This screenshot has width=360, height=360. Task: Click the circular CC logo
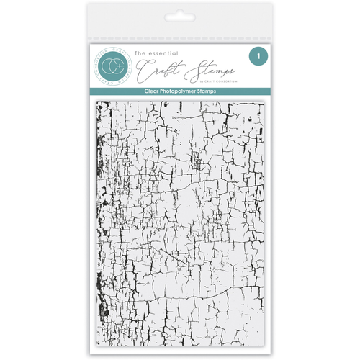[113, 65]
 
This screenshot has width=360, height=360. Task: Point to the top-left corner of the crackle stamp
[97, 101]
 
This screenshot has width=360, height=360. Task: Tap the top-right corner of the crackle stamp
[264, 101]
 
